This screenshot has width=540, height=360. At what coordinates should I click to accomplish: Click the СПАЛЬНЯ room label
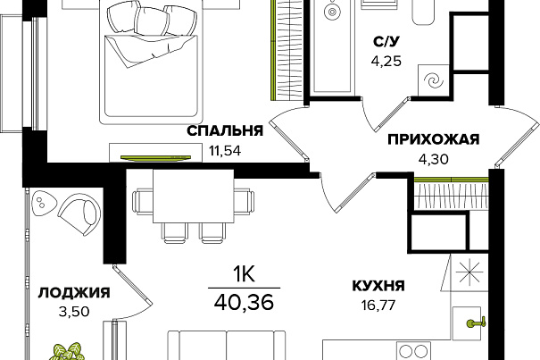tap(224, 131)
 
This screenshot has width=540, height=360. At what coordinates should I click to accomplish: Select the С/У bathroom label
tap(385, 40)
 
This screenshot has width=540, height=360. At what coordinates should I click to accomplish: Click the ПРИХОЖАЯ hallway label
tap(434, 138)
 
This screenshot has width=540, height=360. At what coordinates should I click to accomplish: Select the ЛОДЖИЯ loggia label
tap(74, 292)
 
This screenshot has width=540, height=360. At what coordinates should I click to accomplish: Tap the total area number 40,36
tap(244, 297)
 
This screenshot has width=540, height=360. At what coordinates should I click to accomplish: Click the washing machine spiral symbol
tap(432, 80)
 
